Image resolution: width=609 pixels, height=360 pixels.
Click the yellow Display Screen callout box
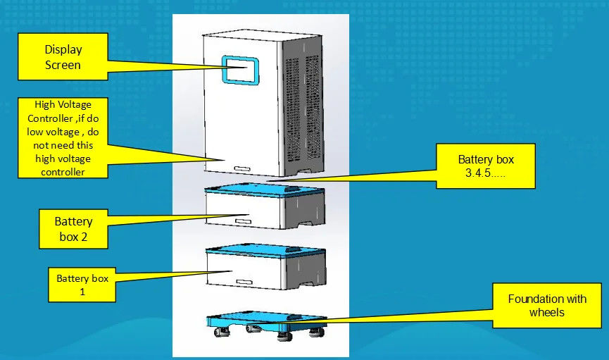pyautogui.click(x=63, y=57)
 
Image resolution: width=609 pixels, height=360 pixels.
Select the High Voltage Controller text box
pyautogui.click(x=63, y=137)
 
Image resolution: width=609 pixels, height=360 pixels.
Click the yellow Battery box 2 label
pyautogui.click(x=73, y=228)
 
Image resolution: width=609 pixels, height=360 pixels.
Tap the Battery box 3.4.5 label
pyautogui.click(x=486, y=166)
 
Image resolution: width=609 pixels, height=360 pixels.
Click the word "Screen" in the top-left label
pyautogui.click(x=63, y=65)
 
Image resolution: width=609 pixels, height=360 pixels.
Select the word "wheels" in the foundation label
pyautogui.click(x=546, y=312)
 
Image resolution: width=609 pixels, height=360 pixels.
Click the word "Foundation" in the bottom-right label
pyautogui.click(x=529, y=299)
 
